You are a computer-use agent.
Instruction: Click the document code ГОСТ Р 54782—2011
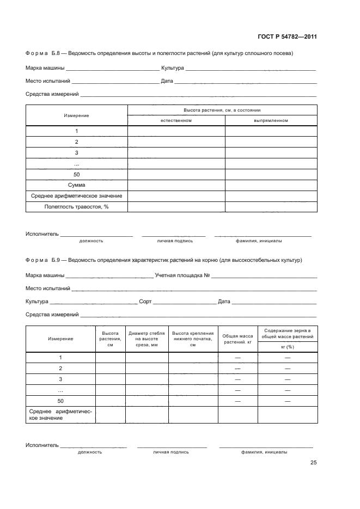coord(286,37)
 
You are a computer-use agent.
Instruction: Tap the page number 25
coord(313,463)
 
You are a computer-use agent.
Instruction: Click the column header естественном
coord(176,120)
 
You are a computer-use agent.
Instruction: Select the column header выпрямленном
coord(271,120)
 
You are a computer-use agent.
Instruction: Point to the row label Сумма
coord(76,185)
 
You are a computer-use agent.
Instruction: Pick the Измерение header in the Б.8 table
coord(76,115)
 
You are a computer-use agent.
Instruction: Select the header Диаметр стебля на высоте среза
coord(147,339)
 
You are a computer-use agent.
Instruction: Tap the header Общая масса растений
coord(238,339)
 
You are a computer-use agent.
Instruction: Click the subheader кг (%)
coord(287,346)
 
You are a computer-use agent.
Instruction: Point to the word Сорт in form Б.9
coord(145,301)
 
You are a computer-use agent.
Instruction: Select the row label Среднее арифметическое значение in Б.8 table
coord(76,196)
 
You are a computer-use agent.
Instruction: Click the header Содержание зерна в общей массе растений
coord(287,334)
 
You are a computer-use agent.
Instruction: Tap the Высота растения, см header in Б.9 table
coord(110,339)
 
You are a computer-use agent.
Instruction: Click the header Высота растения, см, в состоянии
coord(222,110)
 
